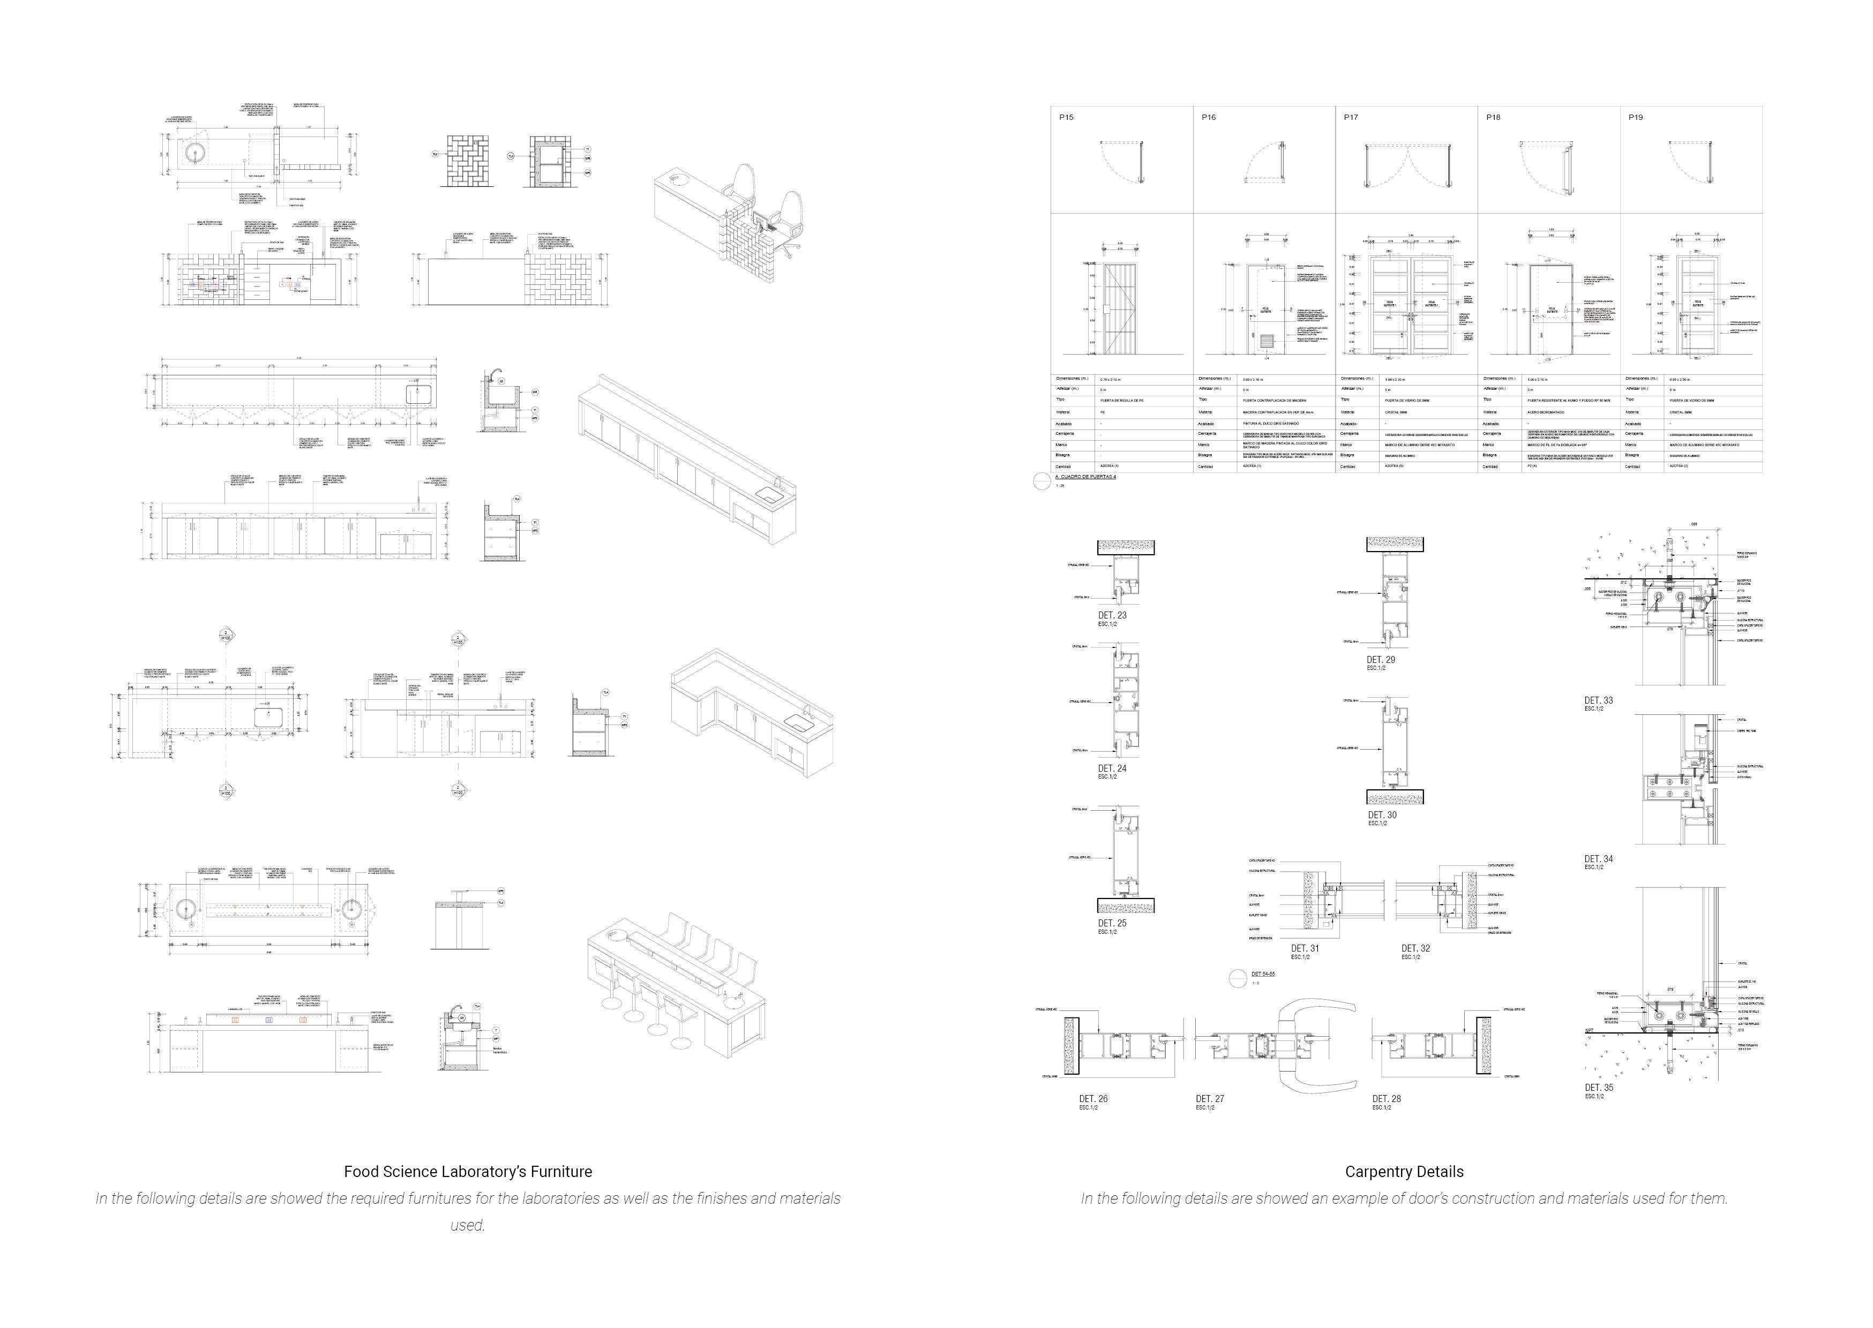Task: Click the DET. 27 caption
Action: click(x=1210, y=1099)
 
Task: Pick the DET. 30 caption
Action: click(x=1382, y=816)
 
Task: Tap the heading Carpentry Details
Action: click(x=1404, y=1172)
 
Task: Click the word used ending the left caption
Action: click(x=467, y=1225)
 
